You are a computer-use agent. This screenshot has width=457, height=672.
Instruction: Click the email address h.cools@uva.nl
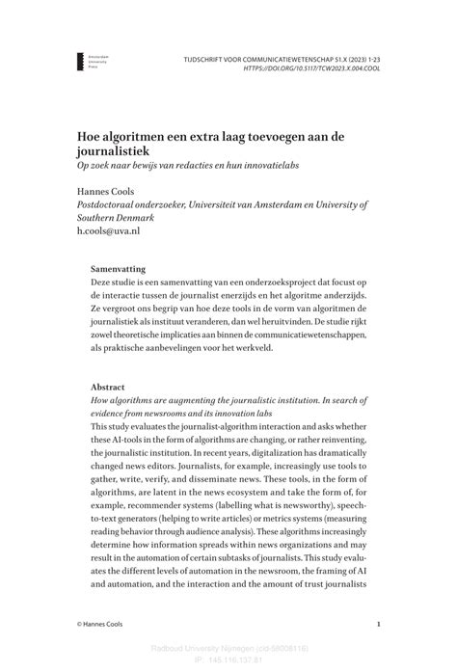[109, 232]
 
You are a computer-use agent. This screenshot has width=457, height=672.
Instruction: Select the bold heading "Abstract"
[108, 386]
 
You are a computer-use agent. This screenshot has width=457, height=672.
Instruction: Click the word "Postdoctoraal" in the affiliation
[107, 204]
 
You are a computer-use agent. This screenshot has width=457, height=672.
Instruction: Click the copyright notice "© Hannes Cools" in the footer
[107, 625]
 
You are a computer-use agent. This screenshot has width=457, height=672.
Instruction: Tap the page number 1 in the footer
[378, 625]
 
